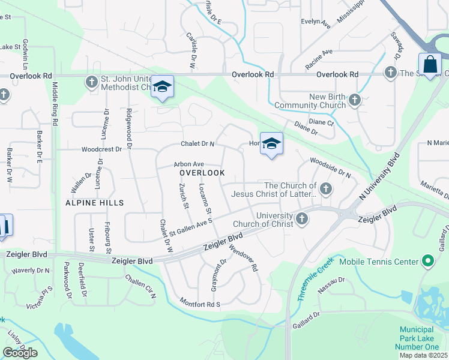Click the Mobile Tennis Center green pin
(x=427, y=262)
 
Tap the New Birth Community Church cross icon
(x=355, y=100)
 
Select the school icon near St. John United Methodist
(x=162, y=88)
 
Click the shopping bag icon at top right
(x=430, y=64)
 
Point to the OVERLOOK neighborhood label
(x=202, y=172)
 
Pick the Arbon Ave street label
(x=189, y=164)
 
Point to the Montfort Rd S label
(x=200, y=303)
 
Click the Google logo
(x=20, y=353)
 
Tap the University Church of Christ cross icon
(x=303, y=220)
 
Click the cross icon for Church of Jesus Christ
(x=326, y=190)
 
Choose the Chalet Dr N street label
(x=198, y=144)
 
